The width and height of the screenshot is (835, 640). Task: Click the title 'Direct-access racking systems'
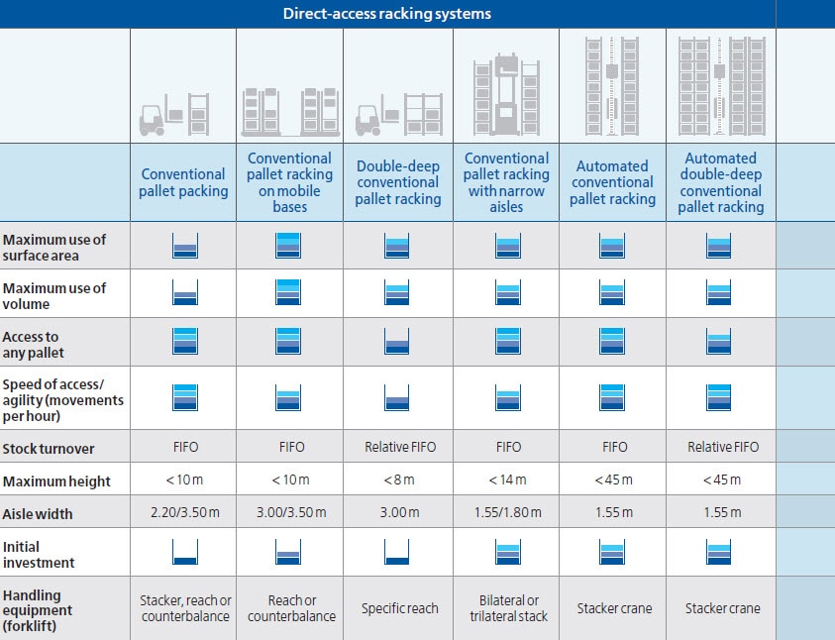tap(386, 14)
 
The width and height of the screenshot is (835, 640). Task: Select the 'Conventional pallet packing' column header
tap(183, 182)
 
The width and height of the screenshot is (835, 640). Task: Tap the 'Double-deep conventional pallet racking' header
tap(398, 182)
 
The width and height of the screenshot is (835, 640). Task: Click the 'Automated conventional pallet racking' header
tap(612, 182)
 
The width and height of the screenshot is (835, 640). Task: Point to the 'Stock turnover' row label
tap(49, 448)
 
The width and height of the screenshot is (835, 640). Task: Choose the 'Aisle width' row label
tap(38, 514)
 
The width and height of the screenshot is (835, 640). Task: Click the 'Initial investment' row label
tap(39, 554)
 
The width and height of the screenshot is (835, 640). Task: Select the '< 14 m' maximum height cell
tap(507, 480)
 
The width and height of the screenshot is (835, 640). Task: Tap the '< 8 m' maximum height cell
tap(399, 480)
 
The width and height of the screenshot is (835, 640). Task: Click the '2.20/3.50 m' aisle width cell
tap(183, 513)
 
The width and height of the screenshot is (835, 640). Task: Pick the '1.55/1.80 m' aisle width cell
tap(507, 513)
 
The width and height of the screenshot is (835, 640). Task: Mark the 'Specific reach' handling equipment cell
tap(399, 608)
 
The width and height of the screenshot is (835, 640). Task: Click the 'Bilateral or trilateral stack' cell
tap(507, 608)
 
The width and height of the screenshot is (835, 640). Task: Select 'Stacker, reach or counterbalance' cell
tap(183, 608)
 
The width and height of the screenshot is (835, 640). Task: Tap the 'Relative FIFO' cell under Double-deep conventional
tap(399, 447)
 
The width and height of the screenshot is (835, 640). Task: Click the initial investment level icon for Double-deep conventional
tap(398, 553)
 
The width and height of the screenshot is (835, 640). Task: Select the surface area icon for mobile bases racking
tap(290, 245)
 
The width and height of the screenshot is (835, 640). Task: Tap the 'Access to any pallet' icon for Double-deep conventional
tap(398, 342)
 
